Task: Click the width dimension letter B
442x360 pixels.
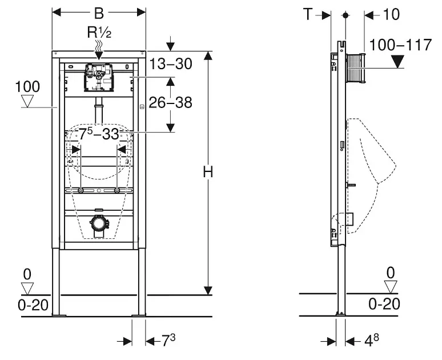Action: (x=99, y=13)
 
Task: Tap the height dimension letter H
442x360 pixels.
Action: (x=208, y=171)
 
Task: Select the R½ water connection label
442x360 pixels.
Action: (x=99, y=33)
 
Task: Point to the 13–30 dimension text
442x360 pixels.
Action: (x=171, y=64)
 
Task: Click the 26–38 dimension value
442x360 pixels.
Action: (x=171, y=102)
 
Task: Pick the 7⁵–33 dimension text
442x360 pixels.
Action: (x=99, y=134)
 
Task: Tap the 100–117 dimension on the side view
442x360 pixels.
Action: (x=400, y=45)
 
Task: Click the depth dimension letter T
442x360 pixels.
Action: (x=308, y=14)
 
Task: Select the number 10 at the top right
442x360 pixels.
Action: (x=391, y=14)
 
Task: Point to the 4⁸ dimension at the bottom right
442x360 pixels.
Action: (x=372, y=340)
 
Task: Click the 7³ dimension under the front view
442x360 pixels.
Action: (x=168, y=340)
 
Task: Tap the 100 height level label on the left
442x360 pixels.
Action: (x=27, y=87)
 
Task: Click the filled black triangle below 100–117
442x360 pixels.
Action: (x=397, y=62)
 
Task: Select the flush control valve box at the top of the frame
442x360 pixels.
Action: (x=99, y=78)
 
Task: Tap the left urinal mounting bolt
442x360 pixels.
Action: (x=81, y=191)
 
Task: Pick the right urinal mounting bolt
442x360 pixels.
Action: (x=117, y=191)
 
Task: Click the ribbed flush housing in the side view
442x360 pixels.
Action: (x=355, y=68)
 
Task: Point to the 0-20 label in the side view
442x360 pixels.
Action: (x=384, y=304)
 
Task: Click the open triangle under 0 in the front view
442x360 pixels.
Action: (x=27, y=289)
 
